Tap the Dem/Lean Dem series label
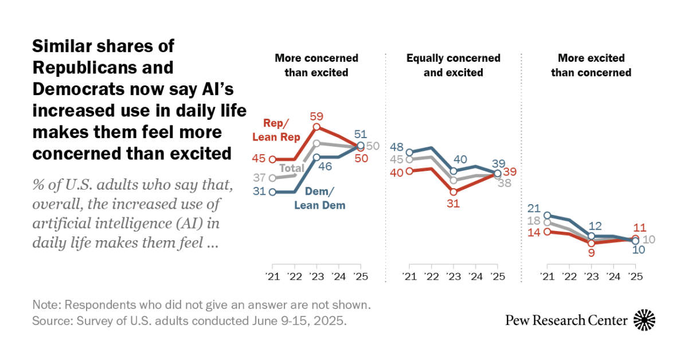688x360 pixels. pyautogui.click(x=320, y=199)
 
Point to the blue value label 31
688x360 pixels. pyautogui.click(x=260, y=192)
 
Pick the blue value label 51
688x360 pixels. pyautogui.click(x=360, y=135)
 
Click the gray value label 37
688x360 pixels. pyautogui.click(x=260, y=178)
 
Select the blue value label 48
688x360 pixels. pyautogui.click(x=397, y=147)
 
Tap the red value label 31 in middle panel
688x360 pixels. pyautogui.click(x=453, y=203)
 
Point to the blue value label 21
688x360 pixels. pyautogui.click(x=534, y=208)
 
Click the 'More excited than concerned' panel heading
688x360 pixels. pyautogui.click(x=591, y=65)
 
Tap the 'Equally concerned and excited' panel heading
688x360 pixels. pyautogui.click(x=453, y=65)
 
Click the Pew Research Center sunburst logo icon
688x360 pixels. pyautogui.click(x=644, y=320)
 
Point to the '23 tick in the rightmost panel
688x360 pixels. pyautogui.click(x=591, y=276)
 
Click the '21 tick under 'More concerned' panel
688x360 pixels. pyautogui.click(x=272, y=276)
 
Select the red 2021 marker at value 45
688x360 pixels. pyautogui.click(x=272, y=159)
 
